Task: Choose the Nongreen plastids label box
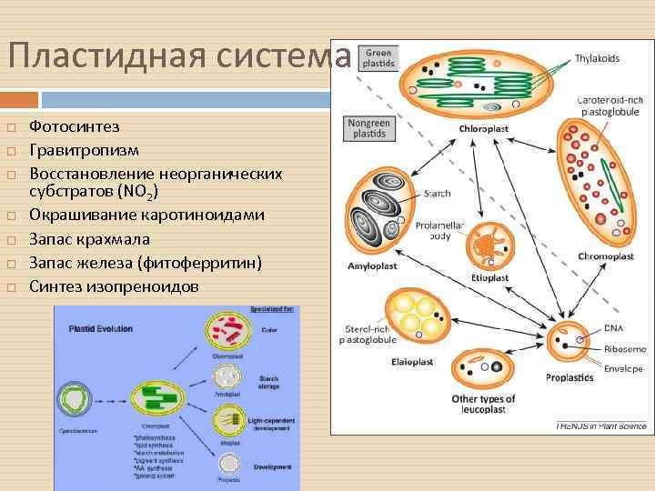pos(368,127)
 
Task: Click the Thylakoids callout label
pos(597,58)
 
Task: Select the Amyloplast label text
pos(373,266)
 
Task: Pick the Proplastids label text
pos(569,377)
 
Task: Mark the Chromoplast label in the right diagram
pos(605,256)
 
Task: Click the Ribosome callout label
pos(623,348)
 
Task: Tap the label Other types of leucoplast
pos(483,404)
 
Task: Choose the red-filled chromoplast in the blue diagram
pos(227,332)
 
